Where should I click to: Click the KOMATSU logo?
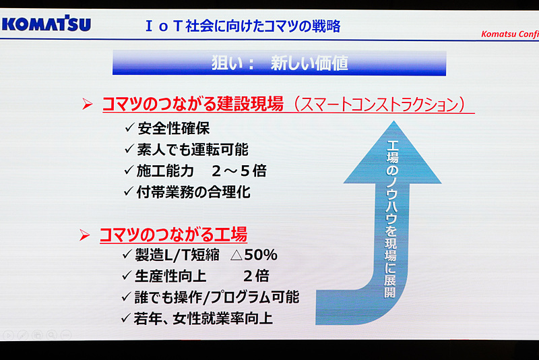pyautogui.click(x=46, y=26)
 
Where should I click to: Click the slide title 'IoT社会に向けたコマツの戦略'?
pyautogui.click(x=243, y=26)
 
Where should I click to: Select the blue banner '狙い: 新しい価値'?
pyautogui.click(x=279, y=63)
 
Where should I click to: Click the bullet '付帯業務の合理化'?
pyautogui.click(x=193, y=191)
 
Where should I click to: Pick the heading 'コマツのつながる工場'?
pyautogui.click(x=173, y=235)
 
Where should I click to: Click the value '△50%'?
pyautogui.click(x=253, y=256)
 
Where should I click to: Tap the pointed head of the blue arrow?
pyautogui.click(x=392, y=142)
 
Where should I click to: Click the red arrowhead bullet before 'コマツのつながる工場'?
pyautogui.click(x=85, y=235)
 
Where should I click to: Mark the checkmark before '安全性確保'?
pyautogui.click(x=129, y=128)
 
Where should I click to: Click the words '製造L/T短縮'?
pyautogui.click(x=175, y=256)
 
